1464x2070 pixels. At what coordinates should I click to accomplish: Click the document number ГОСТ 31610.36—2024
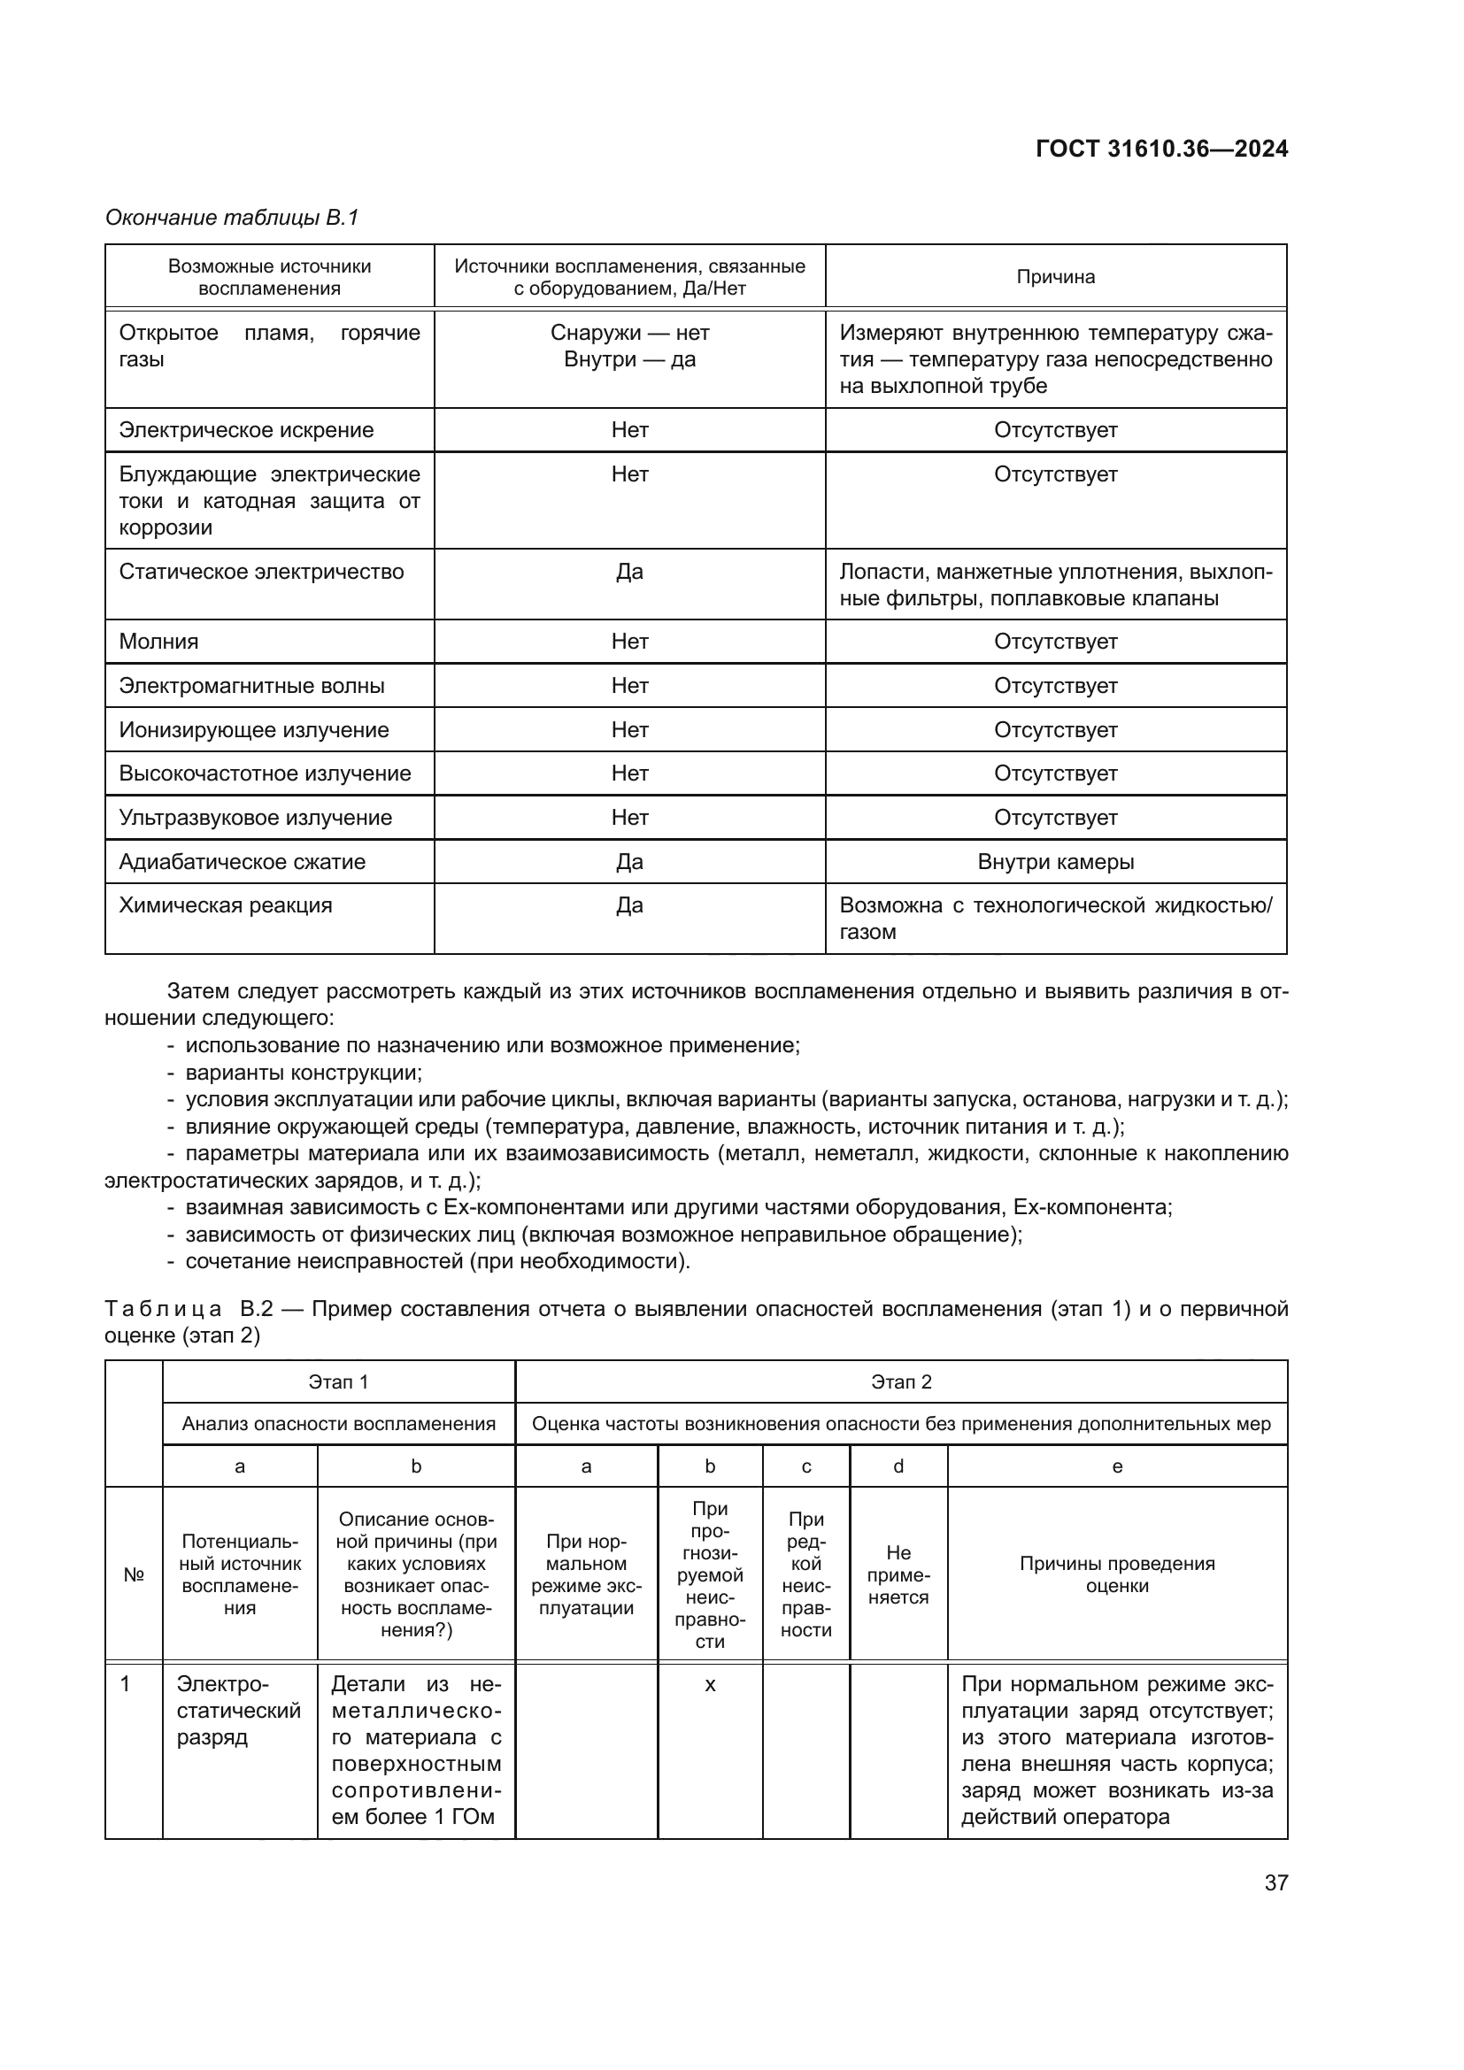pos(1161,149)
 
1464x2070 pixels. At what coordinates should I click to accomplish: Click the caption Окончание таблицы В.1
pos(232,218)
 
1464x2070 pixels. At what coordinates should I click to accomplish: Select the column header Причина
pos(1055,277)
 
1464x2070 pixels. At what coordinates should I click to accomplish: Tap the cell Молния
pos(158,641)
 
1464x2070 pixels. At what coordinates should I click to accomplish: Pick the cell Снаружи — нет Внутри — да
pos(629,346)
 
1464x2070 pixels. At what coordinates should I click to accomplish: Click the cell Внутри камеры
pos(1055,861)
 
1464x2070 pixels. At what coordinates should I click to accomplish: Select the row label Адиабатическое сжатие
pos(242,861)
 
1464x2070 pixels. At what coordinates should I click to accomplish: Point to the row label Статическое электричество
pos(261,572)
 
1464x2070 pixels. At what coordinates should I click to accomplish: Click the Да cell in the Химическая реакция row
pos(629,905)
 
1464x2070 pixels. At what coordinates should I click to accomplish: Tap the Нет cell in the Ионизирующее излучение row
pos(629,729)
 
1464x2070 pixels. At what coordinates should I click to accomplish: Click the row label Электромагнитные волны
pos(251,685)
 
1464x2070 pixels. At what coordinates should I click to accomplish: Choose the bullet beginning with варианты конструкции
pos(303,1073)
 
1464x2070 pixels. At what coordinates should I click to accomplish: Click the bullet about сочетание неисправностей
pos(437,1260)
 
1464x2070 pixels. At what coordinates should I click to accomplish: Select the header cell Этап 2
pos(900,1382)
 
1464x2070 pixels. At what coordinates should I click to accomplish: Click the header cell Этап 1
pos(338,1382)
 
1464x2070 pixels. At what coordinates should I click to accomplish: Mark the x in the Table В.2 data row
pos(710,1684)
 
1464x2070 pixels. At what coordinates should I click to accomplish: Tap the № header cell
pos(134,1574)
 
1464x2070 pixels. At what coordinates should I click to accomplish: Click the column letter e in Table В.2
pos(1116,1466)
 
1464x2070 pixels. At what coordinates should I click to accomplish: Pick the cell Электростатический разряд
pos(238,1711)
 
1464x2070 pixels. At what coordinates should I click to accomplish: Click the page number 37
pos(1275,1882)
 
